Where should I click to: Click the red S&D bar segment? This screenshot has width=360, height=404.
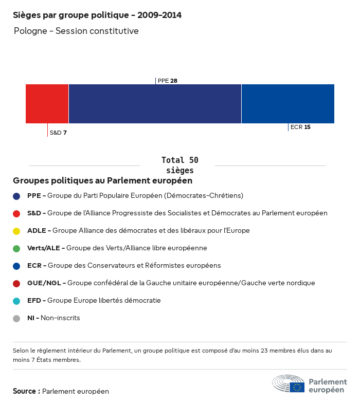tap(47, 104)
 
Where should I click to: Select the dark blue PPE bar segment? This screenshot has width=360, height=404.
tap(155, 104)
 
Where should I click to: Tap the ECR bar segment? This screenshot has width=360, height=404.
tap(287, 104)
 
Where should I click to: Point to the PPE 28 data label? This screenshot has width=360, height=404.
tap(168, 81)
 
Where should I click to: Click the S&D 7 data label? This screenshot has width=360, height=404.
tap(58, 133)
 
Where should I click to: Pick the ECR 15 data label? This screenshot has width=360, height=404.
tap(300, 127)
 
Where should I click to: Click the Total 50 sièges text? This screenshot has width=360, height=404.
tap(179, 165)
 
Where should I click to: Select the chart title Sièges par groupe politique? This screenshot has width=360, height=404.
tap(97, 15)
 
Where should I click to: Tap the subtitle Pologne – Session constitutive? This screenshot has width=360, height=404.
tap(76, 31)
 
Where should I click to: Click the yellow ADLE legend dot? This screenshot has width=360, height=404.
tap(16, 231)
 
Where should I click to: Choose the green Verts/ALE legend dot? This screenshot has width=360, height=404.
tap(16, 249)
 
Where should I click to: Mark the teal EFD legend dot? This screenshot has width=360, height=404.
tap(16, 301)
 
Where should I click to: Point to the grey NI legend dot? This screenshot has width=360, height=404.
tap(16, 319)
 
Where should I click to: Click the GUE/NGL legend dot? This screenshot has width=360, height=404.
tap(16, 284)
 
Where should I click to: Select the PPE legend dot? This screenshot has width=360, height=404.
tap(16, 196)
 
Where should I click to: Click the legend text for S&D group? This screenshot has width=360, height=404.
tap(177, 213)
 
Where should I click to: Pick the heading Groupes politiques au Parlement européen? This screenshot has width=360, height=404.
tap(102, 181)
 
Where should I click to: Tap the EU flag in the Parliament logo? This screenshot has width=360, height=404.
tap(297, 387)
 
